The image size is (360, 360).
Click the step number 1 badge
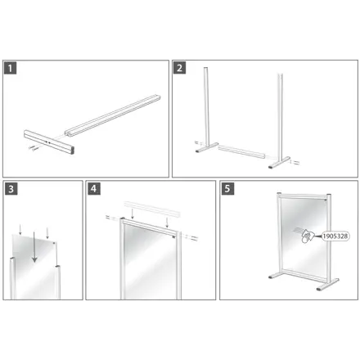(x=10, y=68)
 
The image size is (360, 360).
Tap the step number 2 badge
(x=179, y=68)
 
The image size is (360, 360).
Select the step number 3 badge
(x=11, y=189)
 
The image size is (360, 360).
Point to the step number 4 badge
(x=94, y=189)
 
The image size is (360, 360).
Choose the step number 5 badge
(x=227, y=189)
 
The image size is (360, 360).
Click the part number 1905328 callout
(x=335, y=236)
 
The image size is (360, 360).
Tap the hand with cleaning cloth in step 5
(x=308, y=236)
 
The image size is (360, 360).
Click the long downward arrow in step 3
(x=34, y=247)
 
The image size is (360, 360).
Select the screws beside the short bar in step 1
(x=34, y=148)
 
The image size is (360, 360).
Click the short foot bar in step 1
(x=49, y=142)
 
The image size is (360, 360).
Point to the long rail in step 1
(x=112, y=115)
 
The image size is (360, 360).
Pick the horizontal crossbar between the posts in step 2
(x=241, y=152)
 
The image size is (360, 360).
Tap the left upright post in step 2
(x=207, y=109)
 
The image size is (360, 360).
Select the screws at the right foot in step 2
(x=295, y=162)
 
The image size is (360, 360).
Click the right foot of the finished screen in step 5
(x=327, y=285)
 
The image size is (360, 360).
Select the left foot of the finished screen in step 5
(x=273, y=276)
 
